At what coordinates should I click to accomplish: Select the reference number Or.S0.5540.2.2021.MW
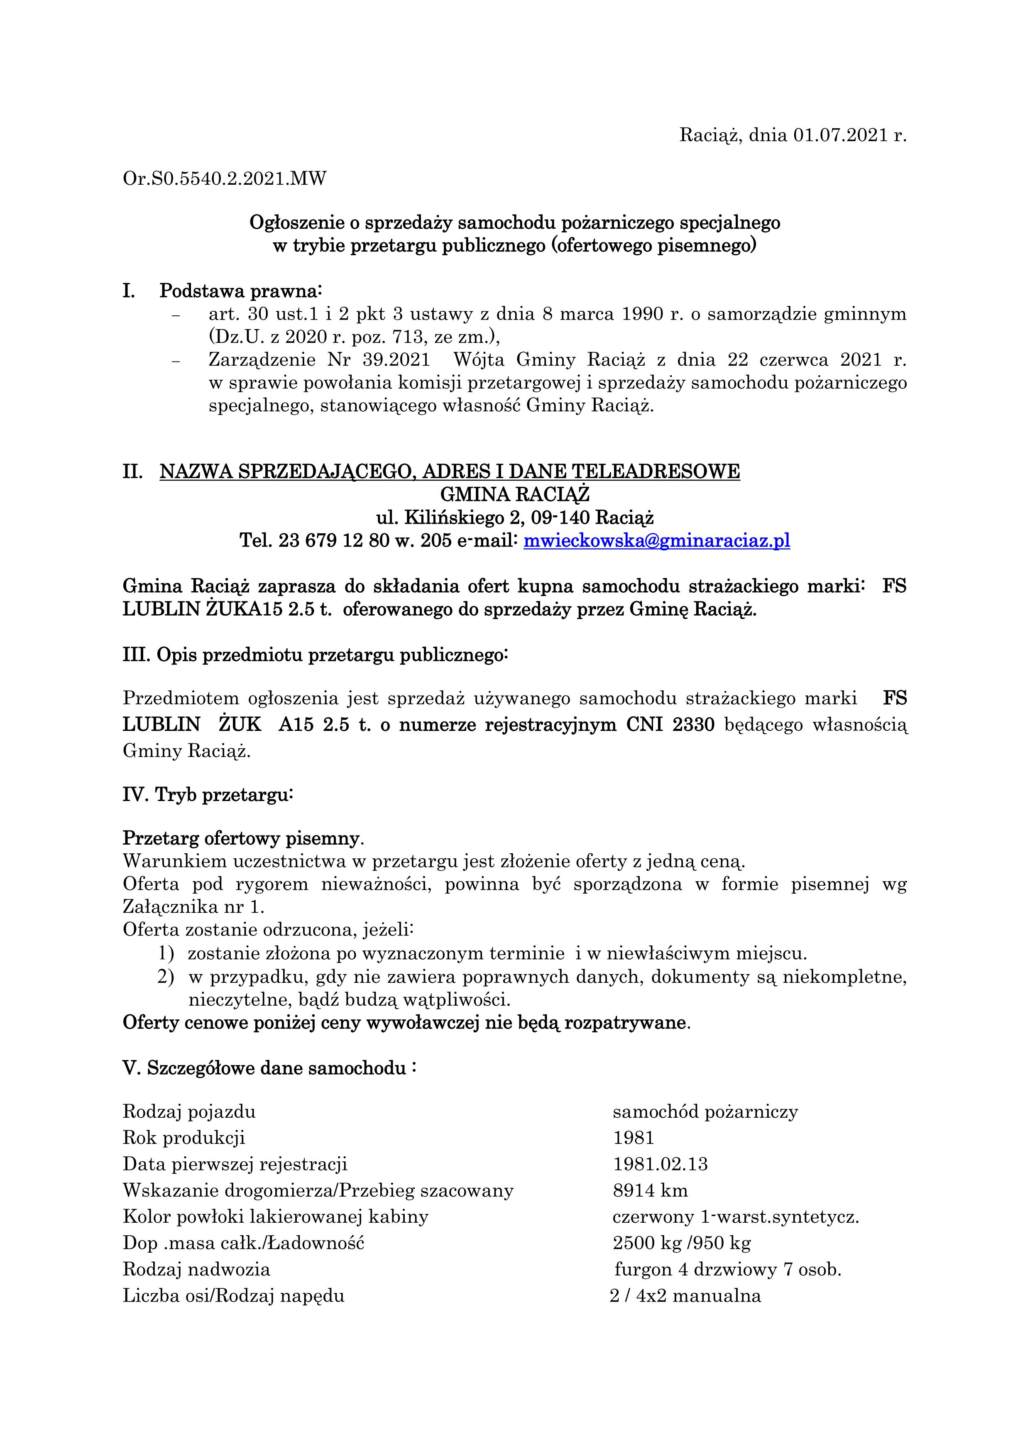[225, 179]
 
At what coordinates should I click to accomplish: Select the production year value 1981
[633, 1138]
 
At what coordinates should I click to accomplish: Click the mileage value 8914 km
[650, 1190]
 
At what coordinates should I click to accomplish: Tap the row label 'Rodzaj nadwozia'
[197, 1270]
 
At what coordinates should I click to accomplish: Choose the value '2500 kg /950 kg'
[682, 1243]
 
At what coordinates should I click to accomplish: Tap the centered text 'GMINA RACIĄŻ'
[514, 495]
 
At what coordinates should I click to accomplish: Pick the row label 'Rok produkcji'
[184, 1138]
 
